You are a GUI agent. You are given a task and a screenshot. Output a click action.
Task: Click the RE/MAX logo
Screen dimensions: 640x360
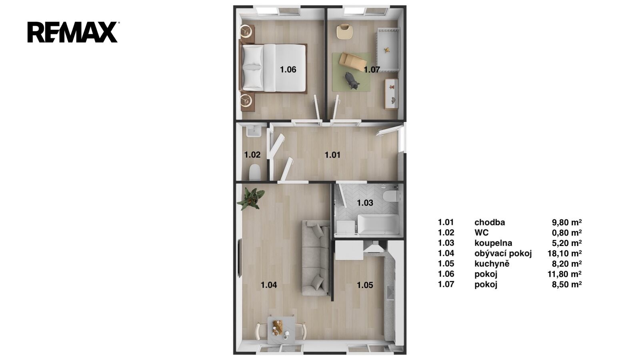coord(72,32)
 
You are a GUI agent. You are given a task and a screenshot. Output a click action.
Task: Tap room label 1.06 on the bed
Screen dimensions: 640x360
coord(288,70)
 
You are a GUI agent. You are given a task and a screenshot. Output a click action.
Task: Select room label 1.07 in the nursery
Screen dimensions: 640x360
coord(372,70)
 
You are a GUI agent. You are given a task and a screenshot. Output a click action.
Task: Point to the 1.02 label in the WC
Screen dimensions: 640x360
coord(252,155)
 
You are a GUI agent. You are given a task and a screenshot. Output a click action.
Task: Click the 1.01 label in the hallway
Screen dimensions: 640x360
coord(332,155)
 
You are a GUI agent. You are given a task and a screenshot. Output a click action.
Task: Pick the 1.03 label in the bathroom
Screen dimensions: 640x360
coord(365,203)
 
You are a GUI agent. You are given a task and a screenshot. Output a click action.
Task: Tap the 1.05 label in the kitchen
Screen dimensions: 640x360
coord(365,285)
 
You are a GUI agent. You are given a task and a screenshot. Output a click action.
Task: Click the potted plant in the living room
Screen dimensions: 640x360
coord(250,198)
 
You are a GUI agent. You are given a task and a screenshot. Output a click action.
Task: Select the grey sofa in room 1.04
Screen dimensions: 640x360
coord(316,258)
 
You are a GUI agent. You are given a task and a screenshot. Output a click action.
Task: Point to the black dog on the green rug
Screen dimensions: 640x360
coord(352,80)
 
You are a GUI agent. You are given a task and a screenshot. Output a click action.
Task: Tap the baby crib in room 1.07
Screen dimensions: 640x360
coord(388,50)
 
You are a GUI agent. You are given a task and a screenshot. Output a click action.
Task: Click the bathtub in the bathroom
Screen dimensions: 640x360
coord(378,224)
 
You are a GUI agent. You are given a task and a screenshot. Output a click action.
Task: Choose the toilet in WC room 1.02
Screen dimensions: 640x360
coord(255,172)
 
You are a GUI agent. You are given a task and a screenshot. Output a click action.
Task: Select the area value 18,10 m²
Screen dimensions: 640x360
coord(564,254)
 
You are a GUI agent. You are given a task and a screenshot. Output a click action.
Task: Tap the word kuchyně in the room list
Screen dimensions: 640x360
coord(492,264)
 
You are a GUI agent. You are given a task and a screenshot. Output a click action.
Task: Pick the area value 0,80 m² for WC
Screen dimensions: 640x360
coord(567,233)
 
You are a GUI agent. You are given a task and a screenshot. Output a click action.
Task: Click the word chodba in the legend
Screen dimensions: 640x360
coord(490,222)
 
